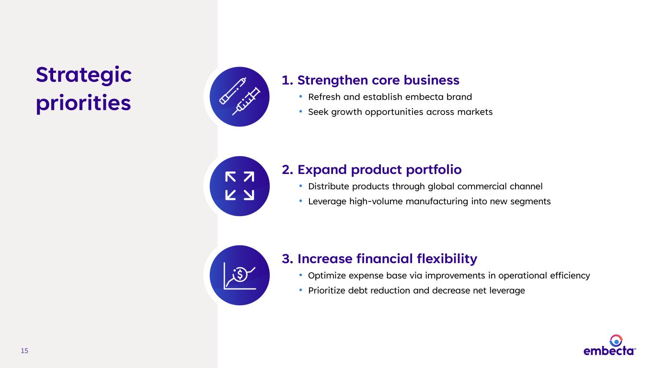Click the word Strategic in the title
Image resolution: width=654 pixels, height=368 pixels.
coord(84,75)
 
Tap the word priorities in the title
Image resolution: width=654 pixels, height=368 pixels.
coord(83,103)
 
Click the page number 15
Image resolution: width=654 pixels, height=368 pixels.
coord(24,351)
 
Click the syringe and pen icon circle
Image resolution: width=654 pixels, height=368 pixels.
coord(240,97)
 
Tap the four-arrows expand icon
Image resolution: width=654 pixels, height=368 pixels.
coord(240,186)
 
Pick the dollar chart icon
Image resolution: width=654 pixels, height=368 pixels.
coord(240,276)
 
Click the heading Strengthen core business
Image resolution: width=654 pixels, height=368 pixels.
coord(379,80)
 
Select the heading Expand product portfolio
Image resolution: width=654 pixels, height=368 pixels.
coord(379,170)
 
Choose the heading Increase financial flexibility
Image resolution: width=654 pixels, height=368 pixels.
coord(387,259)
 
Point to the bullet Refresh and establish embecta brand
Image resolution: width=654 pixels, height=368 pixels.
coord(390,97)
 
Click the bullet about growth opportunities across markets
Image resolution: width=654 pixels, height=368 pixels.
coord(400,112)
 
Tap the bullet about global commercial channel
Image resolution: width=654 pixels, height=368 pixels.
coord(425,186)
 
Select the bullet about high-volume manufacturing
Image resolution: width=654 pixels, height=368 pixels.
coord(429,202)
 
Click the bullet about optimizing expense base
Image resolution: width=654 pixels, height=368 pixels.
coord(449,276)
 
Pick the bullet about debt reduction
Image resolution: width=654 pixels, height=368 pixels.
coord(417,290)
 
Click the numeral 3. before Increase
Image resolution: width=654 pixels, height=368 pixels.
coord(287,259)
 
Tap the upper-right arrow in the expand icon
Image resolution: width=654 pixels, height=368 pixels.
coord(249,177)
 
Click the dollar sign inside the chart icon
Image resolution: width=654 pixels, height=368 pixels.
coord(240,274)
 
